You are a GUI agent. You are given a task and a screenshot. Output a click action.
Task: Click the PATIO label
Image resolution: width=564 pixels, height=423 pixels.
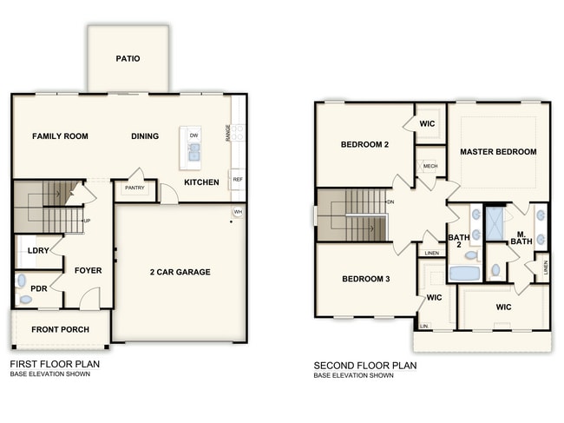pyautogui.click(x=128, y=59)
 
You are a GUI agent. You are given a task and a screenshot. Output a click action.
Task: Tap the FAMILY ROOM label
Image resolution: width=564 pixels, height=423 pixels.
pyautogui.click(x=61, y=136)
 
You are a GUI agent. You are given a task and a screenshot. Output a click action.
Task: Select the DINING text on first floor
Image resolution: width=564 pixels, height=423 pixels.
pyautogui.click(x=145, y=136)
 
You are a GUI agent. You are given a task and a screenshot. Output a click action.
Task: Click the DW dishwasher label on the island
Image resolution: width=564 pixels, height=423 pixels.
pyautogui.click(x=193, y=136)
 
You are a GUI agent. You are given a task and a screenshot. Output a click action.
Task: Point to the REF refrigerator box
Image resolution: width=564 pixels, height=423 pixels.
pyautogui.click(x=237, y=180)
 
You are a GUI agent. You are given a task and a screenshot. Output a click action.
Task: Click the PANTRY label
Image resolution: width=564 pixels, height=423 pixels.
pyautogui.click(x=134, y=188)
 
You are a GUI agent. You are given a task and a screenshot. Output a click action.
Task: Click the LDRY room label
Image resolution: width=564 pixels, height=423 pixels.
pyautogui.click(x=38, y=251)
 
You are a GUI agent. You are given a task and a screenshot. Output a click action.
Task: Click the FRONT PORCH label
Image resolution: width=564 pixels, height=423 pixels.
pyautogui.click(x=57, y=330)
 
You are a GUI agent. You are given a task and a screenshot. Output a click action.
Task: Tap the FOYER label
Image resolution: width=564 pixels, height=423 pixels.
pyautogui.click(x=88, y=270)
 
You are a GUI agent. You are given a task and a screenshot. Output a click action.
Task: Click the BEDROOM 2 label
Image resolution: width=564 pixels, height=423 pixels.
pyautogui.click(x=364, y=144)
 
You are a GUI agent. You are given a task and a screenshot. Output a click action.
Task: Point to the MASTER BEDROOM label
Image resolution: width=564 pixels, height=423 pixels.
pyautogui.click(x=498, y=152)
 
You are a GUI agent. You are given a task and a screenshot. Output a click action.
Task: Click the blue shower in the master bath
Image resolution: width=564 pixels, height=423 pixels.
pyautogui.click(x=495, y=223)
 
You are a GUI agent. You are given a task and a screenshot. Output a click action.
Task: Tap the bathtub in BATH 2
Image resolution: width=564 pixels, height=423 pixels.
pyautogui.click(x=464, y=273)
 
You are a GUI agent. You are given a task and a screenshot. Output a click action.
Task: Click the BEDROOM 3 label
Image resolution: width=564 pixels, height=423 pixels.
pyautogui.click(x=364, y=279)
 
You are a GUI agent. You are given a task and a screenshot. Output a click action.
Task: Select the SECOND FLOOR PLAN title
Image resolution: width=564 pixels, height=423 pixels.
pyautogui.click(x=364, y=366)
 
